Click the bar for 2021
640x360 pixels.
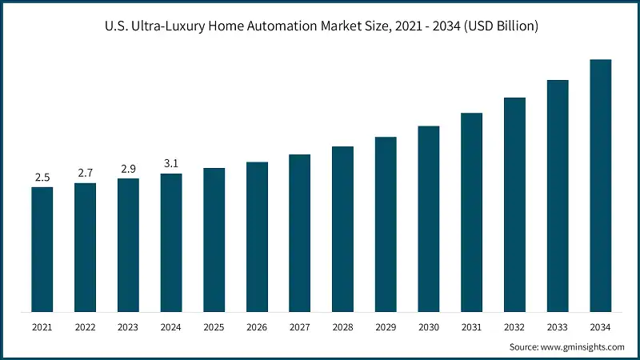click(x=42, y=250)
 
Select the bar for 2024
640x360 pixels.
click(x=171, y=242)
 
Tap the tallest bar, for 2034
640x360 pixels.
click(x=600, y=186)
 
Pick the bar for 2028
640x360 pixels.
click(x=342, y=229)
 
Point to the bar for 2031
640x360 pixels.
click(x=471, y=212)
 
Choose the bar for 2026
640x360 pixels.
click(x=257, y=237)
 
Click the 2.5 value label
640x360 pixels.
click(x=42, y=177)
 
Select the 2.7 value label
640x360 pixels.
click(x=86, y=173)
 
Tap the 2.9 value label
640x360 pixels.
click(x=128, y=168)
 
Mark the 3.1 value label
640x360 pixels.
click(x=171, y=163)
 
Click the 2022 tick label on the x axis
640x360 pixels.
click(x=86, y=327)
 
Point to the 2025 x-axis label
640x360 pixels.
click(x=214, y=327)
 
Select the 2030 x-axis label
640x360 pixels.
click(x=428, y=327)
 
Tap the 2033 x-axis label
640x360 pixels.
click(x=557, y=327)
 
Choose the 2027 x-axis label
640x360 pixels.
click(x=299, y=327)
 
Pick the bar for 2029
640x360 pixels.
click(x=386, y=224)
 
